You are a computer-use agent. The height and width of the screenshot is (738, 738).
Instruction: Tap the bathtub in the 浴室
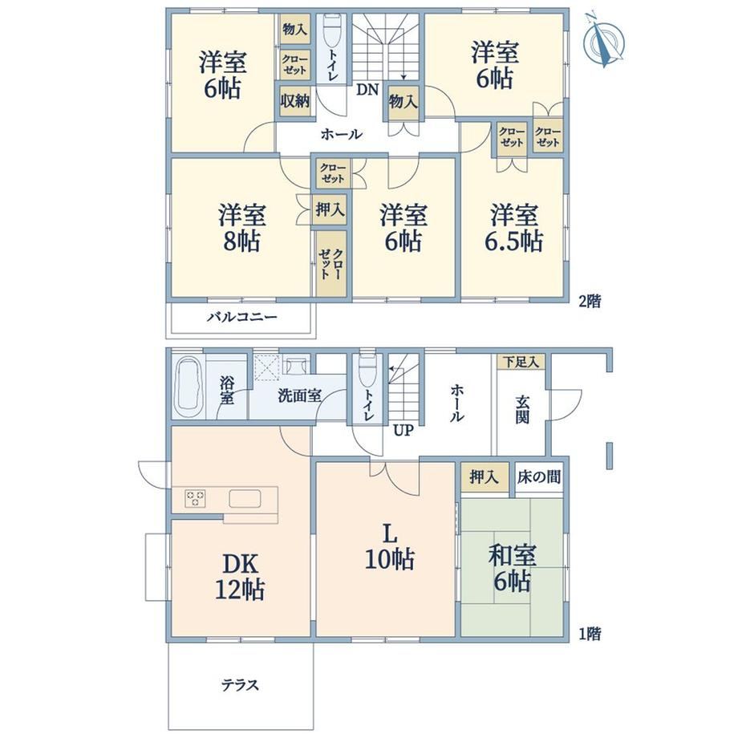(x=189, y=386)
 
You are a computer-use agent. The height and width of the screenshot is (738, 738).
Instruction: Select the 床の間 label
(x=539, y=477)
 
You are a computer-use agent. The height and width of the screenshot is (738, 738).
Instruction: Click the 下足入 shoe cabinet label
(x=521, y=362)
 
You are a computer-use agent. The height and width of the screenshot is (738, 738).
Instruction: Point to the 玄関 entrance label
(x=522, y=409)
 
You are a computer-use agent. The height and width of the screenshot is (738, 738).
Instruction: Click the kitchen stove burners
(x=195, y=498)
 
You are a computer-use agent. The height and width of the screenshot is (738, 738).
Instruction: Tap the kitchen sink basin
(x=245, y=498)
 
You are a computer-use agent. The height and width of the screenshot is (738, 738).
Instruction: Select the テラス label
(x=240, y=684)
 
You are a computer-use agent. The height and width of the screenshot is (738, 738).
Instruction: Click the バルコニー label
(x=242, y=317)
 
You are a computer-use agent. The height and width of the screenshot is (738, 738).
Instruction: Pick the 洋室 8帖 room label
(x=241, y=228)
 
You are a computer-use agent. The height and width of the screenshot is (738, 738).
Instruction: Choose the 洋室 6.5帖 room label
(x=514, y=228)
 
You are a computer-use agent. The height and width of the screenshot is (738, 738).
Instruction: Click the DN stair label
(x=367, y=90)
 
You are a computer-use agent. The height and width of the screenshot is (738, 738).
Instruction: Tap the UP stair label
(x=403, y=430)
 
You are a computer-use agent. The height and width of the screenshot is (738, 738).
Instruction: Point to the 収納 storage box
(x=294, y=101)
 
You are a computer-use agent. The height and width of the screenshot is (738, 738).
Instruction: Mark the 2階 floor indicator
(x=590, y=302)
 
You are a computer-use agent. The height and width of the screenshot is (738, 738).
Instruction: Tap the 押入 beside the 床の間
(x=484, y=477)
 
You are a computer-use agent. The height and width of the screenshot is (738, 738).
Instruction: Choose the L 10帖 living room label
(x=390, y=547)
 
